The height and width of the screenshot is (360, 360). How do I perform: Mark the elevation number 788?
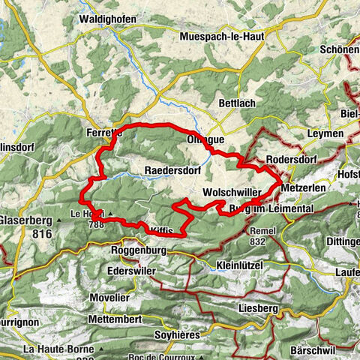point(94,223)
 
